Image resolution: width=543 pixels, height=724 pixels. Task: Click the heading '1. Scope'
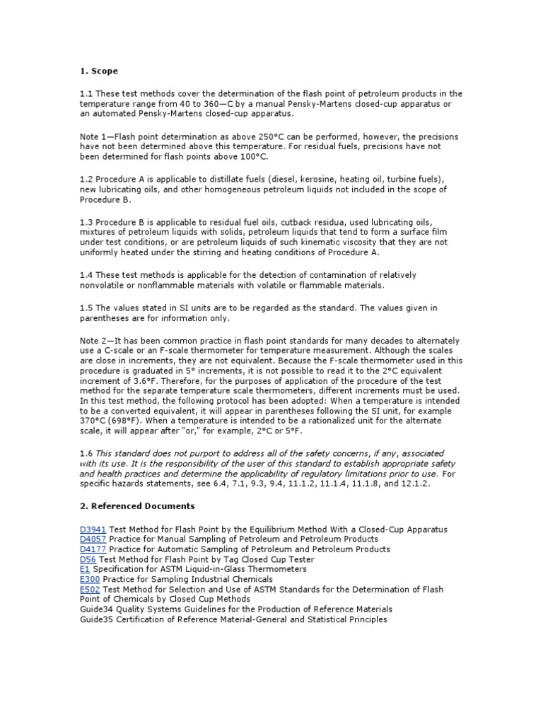pyautogui.click(x=98, y=71)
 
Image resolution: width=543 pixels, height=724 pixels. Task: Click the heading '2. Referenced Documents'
pyautogui.click(x=136, y=506)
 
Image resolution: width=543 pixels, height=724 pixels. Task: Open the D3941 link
pyautogui.click(x=92, y=530)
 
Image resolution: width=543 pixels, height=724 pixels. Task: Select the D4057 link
pyautogui.click(x=92, y=539)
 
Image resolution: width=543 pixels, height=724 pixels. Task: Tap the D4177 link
pyautogui.click(x=92, y=549)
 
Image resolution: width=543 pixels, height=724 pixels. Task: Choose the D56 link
pyautogui.click(x=88, y=559)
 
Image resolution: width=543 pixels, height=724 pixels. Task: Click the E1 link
pyautogui.click(x=85, y=569)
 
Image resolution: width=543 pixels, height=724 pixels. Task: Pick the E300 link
pyautogui.click(x=90, y=579)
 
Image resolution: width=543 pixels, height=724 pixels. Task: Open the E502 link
pyautogui.click(x=90, y=589)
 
